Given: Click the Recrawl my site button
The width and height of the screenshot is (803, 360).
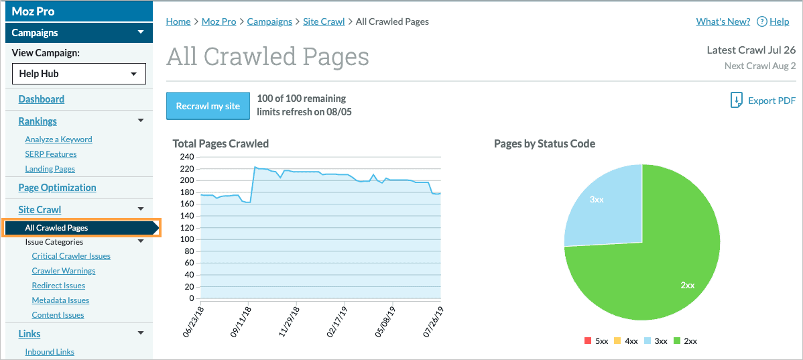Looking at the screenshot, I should (208, 106).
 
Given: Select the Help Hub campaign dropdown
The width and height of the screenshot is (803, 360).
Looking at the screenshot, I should (79, 74).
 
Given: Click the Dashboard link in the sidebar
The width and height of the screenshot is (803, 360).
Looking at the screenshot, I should (42, 99).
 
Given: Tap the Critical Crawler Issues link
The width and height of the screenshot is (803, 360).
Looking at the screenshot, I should (71, 256).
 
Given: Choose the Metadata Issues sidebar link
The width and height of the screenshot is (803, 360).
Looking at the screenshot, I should (60, 300).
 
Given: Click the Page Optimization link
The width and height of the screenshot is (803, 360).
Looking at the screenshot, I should (57, 188).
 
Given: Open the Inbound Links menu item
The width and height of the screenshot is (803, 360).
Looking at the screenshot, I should (50, 352).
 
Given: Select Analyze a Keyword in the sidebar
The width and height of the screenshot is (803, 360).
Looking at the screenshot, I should (58, 139).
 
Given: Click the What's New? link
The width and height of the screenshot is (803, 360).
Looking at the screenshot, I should (723, 21).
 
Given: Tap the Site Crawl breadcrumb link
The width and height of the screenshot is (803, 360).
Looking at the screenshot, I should (324, 21).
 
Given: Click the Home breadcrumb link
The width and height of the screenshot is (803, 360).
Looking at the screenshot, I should (178, 21).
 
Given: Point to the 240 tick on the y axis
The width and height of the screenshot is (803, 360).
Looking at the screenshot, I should (187, 157).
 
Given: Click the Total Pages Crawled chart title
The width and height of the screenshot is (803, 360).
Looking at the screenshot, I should (221, 143).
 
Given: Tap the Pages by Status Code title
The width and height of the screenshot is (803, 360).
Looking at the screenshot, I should (544, 143).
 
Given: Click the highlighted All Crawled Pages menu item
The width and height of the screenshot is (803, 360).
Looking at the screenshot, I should (56, 228).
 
